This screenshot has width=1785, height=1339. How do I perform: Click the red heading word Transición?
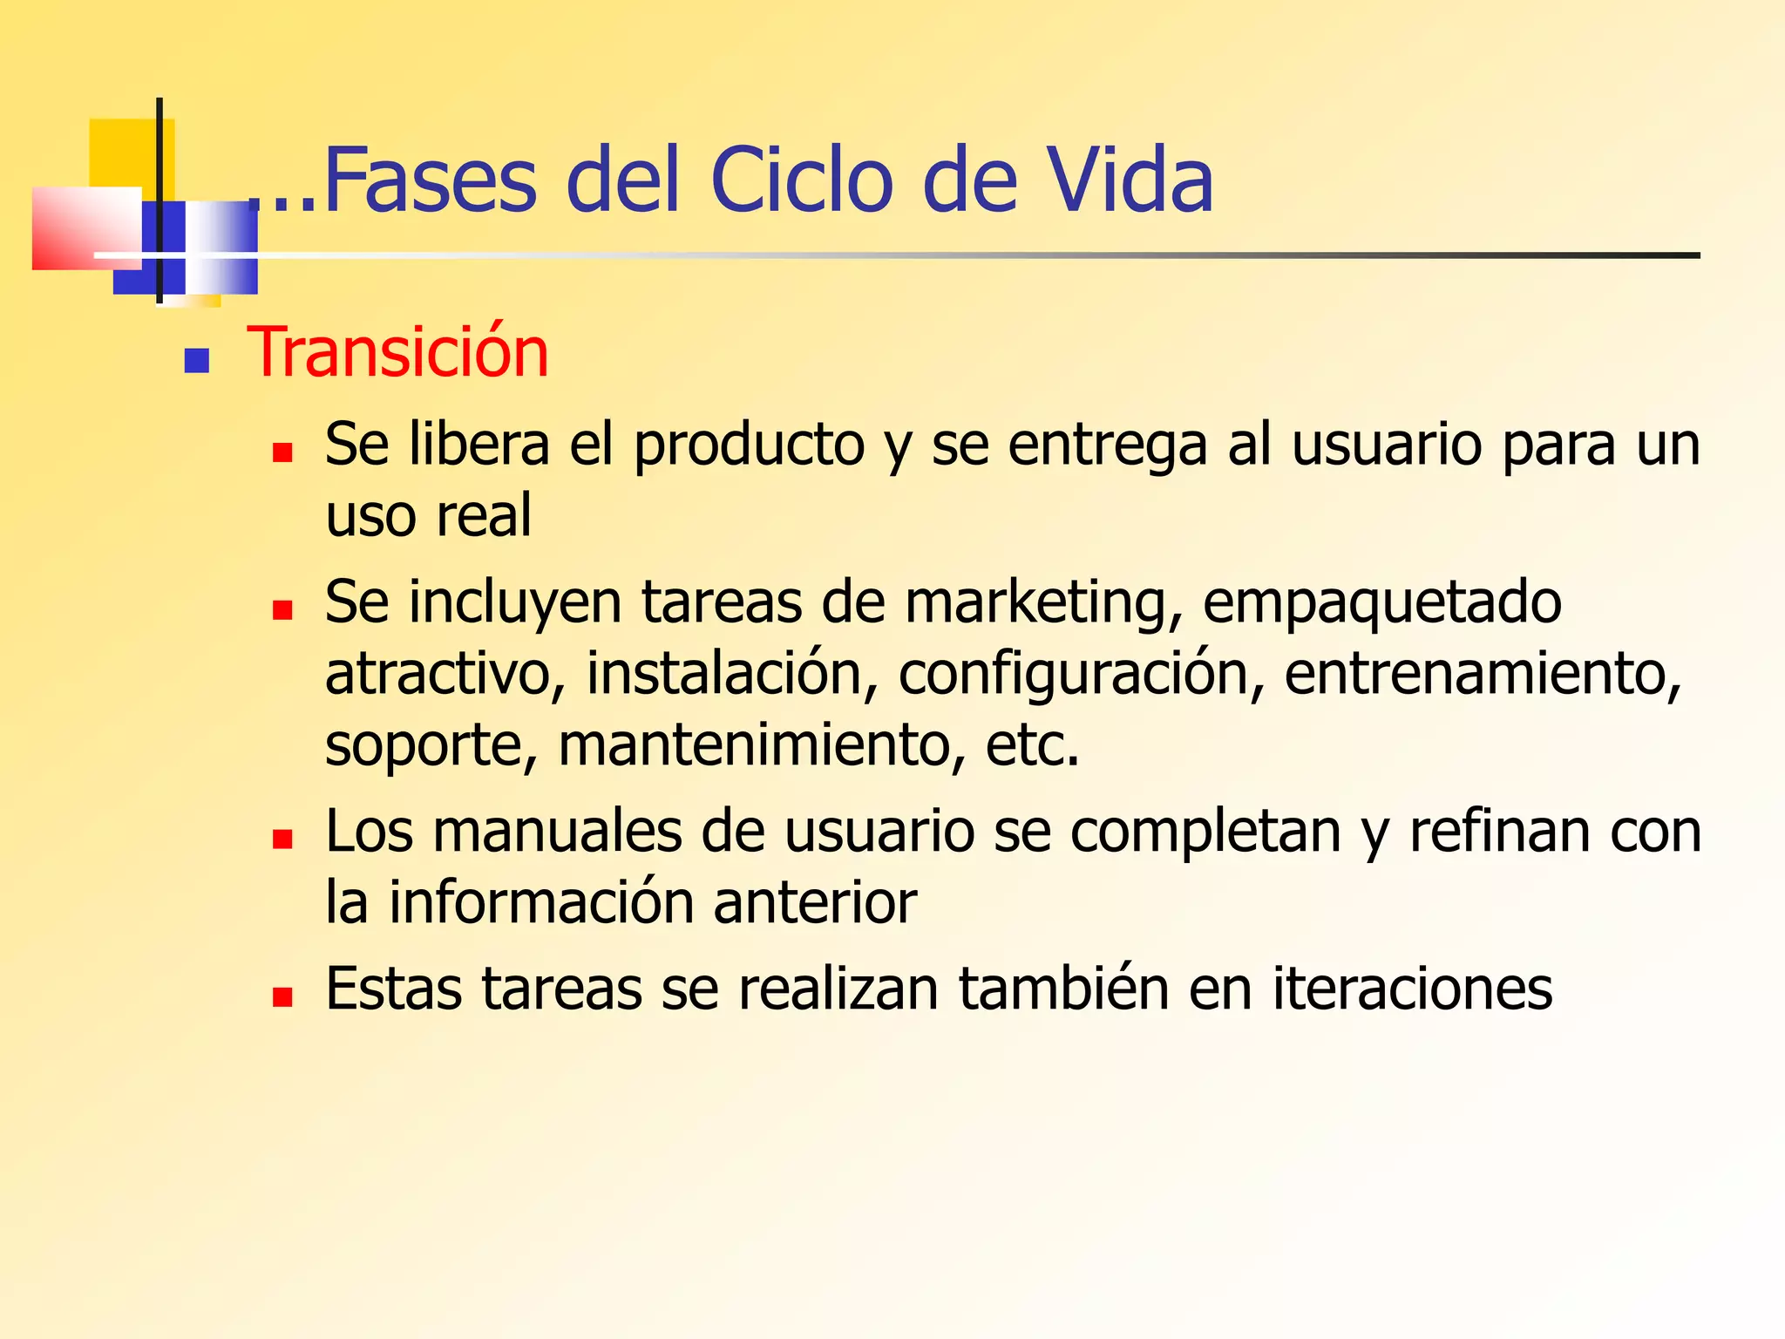pyautogui.click(x=398, y=353)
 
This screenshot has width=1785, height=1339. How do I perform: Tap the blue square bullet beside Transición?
pyautogui.click(x=196, y=360)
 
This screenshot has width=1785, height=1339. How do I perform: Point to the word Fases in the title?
pyautogui.click(x=430, y=180)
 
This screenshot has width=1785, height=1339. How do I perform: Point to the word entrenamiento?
pyautogui.click(x=1482, y=674)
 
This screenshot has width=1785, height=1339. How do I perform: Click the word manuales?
pyautogui.click(x=557, y=832)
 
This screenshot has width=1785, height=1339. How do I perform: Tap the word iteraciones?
pyautogui.click(x=1412, y=989)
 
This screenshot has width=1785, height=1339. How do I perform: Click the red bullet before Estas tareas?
pyautogui.click(x=282, y=996)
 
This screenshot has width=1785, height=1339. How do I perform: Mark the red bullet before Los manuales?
pyautogui.click(x=282, y=839)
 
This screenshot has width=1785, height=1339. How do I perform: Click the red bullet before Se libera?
pyautogui.click(x=282, y=452)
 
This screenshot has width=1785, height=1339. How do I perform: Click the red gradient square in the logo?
pyautogui.click(x=85, y=228)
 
